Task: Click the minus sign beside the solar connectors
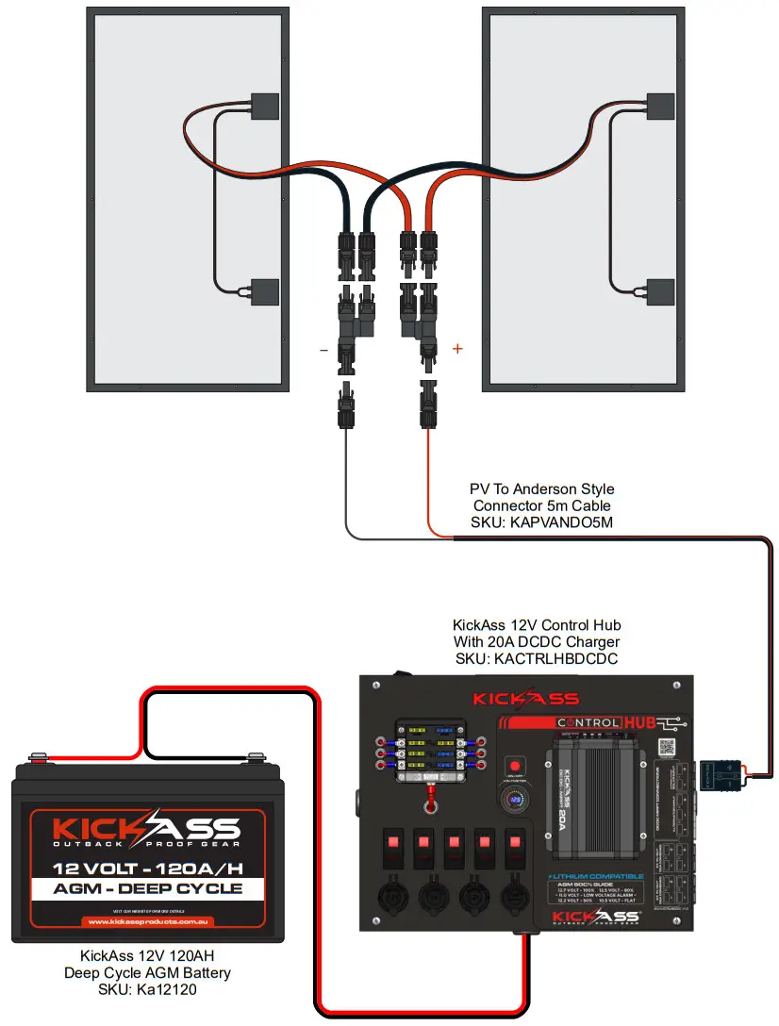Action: click(x=323, y=350)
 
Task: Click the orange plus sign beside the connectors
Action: click(x=458, y=349)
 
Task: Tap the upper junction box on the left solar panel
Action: click(x=265, y=106)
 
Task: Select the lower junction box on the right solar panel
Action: click(x=661, y=292)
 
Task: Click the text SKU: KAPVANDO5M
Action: click(x=541, y=522)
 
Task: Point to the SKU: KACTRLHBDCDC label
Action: click(x=537, y=658)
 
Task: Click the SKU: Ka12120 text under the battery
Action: click(x=147, y=989)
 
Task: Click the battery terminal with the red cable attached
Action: click(x=39, y=756)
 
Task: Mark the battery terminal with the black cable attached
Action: click(x=254, y=756)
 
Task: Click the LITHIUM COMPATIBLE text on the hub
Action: click(x=596, y=876)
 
